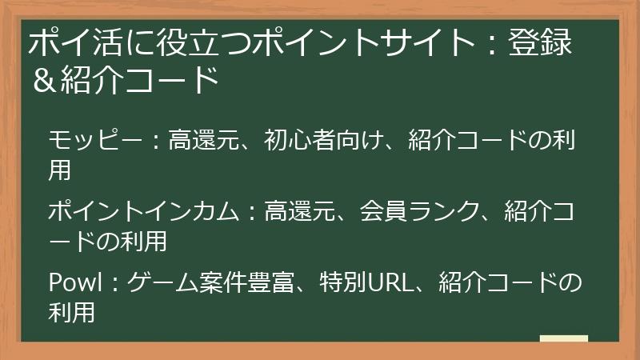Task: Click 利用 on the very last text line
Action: pos(72,312)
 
